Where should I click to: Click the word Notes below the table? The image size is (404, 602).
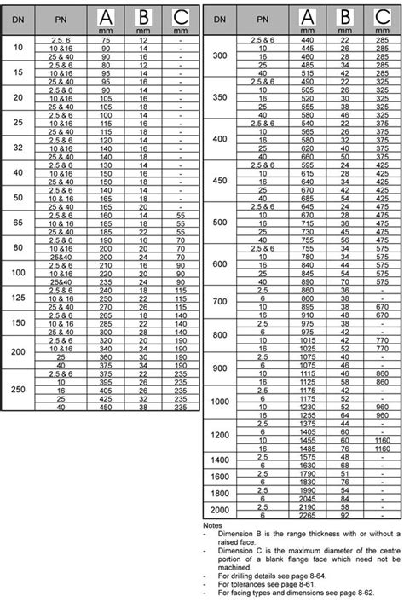(214, 525)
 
